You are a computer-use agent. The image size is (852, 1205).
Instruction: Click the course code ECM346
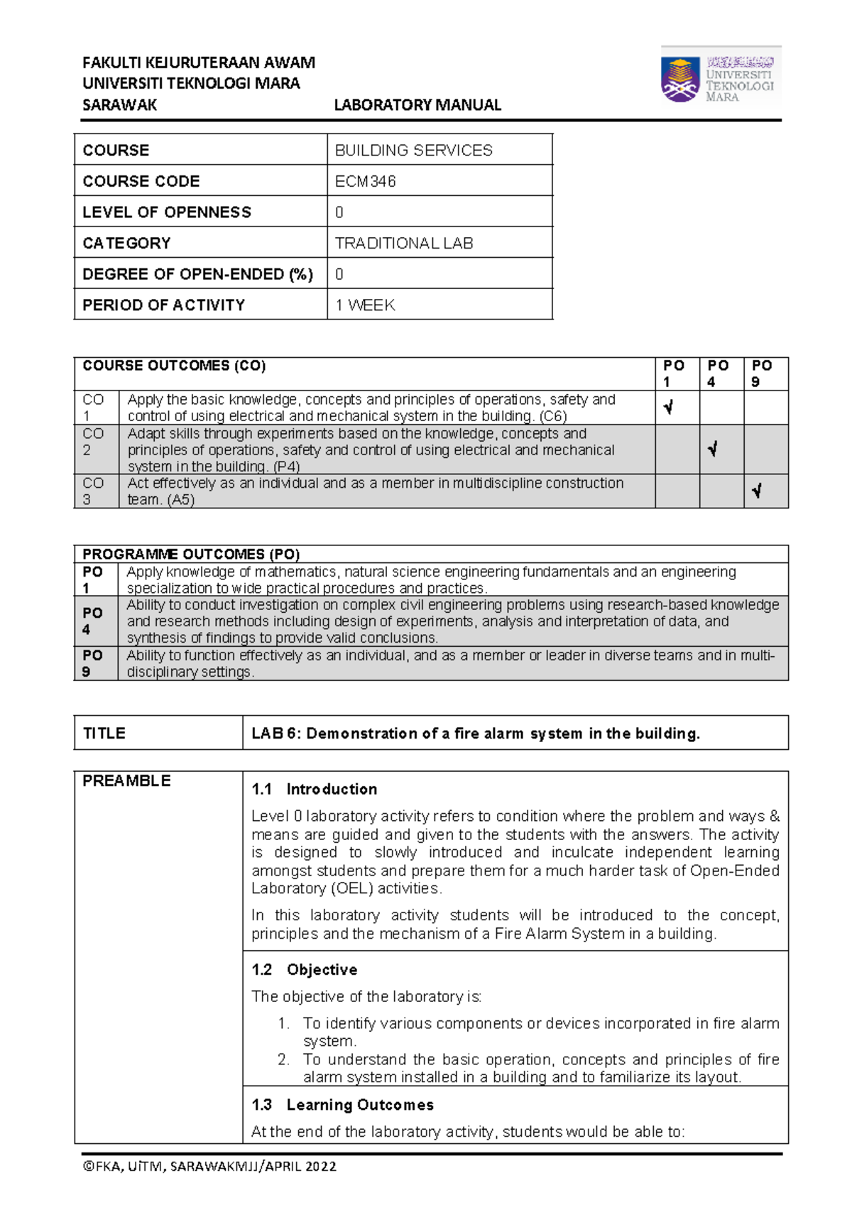(365, 181)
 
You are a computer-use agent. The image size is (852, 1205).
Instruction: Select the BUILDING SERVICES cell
(413, 151)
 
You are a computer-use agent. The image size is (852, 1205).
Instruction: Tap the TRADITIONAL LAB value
(403, 244)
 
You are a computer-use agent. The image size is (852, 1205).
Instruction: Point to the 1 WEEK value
(365, 305)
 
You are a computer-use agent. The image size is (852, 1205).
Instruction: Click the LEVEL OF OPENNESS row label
(167, 212)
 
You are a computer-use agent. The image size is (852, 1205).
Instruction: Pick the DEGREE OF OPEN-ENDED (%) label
(197, 274)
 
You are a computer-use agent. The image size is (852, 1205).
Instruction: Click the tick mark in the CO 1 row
(668, 408)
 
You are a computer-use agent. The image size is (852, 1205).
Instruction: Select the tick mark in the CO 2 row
(713, 449)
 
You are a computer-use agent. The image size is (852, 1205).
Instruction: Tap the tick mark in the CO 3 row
(757, 491)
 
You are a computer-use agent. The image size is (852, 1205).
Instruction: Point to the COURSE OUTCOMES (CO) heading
(174, 366)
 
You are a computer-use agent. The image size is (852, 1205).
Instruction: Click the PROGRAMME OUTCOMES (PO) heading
(191, 554)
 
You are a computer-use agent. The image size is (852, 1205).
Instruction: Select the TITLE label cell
(104, 734)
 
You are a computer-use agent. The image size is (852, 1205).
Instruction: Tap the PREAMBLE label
(126, 781)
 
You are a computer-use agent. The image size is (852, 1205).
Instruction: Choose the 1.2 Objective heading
(305, 970)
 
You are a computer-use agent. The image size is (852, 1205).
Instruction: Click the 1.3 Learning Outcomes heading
(342, 1105)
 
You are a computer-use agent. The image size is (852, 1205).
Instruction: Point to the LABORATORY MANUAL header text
(417, 105)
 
